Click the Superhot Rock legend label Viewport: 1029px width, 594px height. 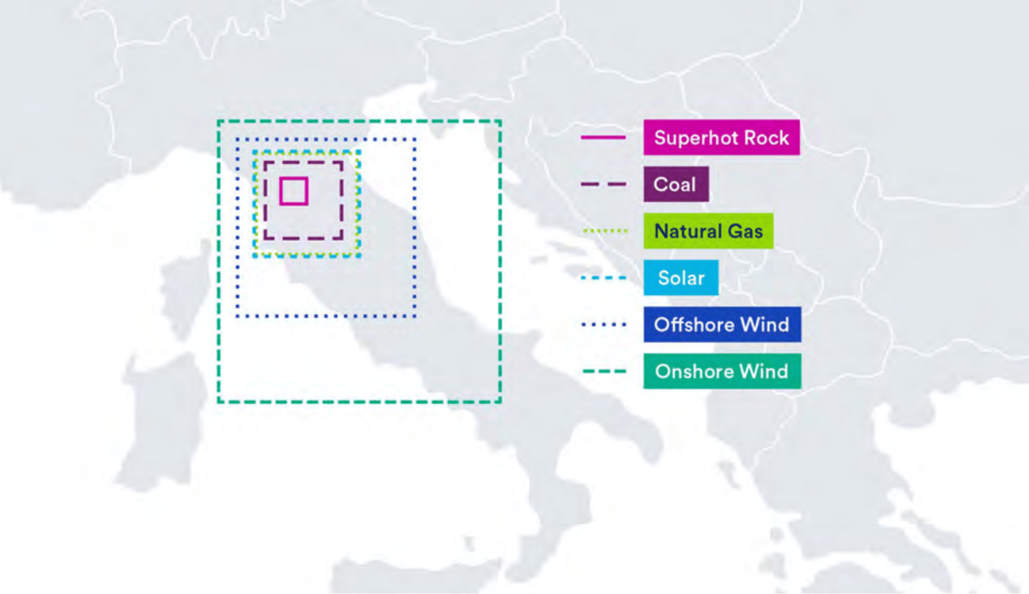pos(722,138)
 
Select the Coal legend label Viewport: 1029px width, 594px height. pos(676,184)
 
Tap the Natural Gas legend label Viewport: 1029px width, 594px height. pos(708,231)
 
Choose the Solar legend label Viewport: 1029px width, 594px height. pos(681,278)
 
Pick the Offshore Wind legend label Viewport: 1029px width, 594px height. pos(722,324)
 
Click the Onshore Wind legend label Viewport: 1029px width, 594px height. pos(722,371)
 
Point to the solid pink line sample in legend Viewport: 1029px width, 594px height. pos(603,137)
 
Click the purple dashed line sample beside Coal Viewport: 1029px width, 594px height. pos(603,184)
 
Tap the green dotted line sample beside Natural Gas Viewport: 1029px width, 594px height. pos(604,231)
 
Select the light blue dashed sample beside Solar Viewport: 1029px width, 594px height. pos(603,278)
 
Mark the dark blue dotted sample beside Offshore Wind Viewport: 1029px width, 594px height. pos(603,324)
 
